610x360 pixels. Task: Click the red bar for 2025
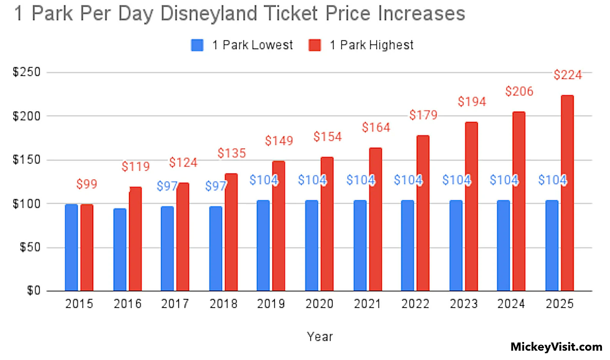[567, 193]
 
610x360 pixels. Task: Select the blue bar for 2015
[71, 247]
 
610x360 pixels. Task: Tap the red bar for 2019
[279, 226]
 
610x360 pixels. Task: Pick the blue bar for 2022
[407, 246]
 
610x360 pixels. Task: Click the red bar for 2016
[136, 239]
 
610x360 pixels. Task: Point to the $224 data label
[568, 75]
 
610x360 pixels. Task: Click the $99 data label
[86, 184]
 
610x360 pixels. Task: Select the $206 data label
[519, 91]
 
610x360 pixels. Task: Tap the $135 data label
[231, 154]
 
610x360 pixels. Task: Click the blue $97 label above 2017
[167, 186]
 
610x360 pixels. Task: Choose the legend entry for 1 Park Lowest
[242, 45]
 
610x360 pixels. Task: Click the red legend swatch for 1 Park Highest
[315, 45]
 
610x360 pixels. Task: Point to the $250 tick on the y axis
[27, 72]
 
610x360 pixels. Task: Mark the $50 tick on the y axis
[30, 247]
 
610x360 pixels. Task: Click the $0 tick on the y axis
[34, 291]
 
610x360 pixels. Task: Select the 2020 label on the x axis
[320, 304]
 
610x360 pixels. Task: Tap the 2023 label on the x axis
[464, 304]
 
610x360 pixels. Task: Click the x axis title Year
[320, 336]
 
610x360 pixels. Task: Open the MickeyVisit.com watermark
[557, 347]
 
